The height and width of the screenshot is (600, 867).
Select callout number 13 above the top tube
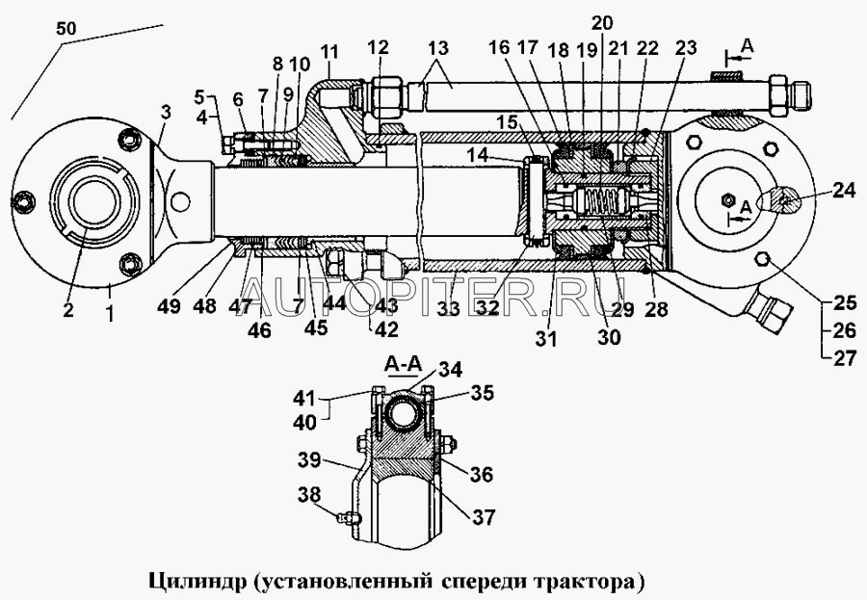click(438, 48)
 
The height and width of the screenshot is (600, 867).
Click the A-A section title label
click(402, 365)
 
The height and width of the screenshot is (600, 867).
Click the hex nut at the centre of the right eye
click(724, 200)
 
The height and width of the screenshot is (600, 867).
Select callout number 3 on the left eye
click(166, 112)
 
